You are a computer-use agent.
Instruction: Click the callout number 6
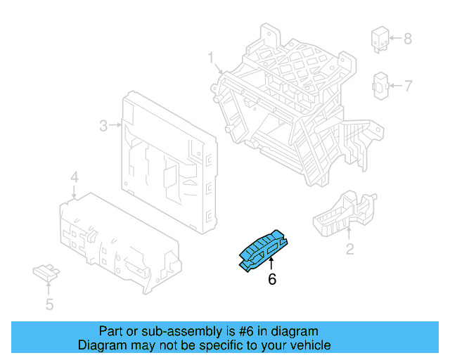point(272,279)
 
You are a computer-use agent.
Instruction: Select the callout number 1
point(210,57)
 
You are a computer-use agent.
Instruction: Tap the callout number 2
point(349,248)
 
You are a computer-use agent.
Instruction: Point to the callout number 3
point(103,126)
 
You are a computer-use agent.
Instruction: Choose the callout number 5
point(49,304)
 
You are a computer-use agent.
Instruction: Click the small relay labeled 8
point(380,39)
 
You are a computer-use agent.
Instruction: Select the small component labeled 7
point(380,86)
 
